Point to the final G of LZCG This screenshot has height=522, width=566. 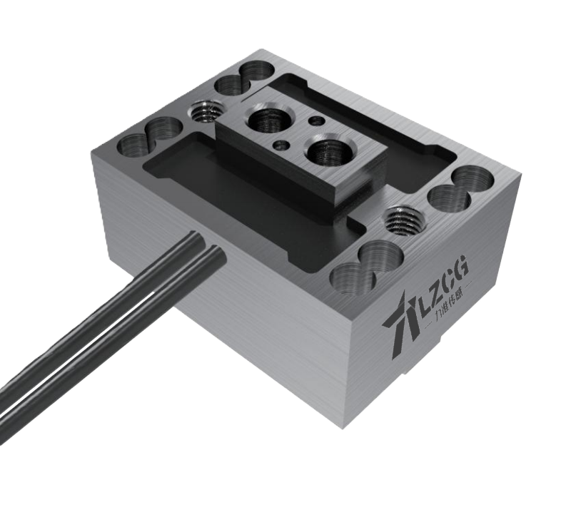point(461,266)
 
